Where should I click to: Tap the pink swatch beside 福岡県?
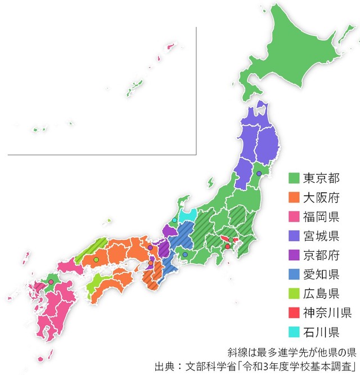tap(293, 216)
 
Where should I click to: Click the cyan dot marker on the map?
tap(174, 220)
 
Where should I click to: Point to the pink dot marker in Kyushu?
tap(51, 282)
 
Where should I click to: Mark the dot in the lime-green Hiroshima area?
tap(96, 259)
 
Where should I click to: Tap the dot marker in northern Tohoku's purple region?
tap(258, 174)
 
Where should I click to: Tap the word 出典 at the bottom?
tap(165, 366)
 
